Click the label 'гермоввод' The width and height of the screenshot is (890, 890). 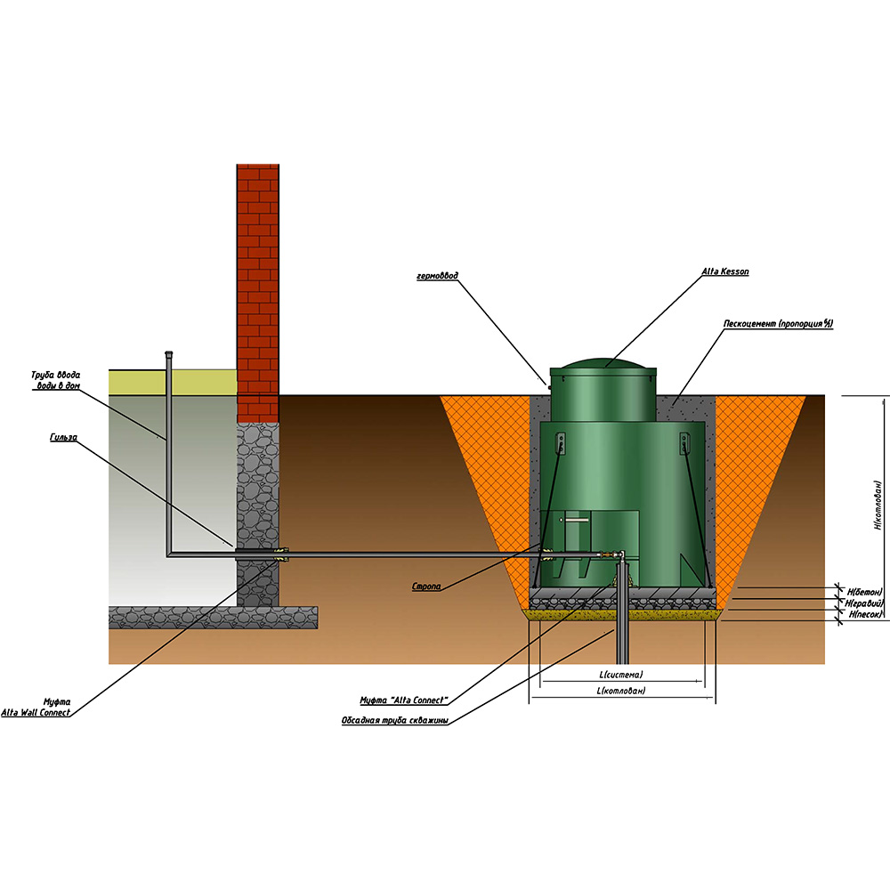[x=437, y=276]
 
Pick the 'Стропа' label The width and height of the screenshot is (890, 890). [x=426, y=587]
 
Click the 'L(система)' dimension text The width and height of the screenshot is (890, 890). [x=620, y=675]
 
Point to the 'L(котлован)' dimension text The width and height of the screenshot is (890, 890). [x=621, y=692]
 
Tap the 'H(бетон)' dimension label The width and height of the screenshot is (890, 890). [x=864, y=591]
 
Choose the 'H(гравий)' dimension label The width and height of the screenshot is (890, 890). [x=865, y=603]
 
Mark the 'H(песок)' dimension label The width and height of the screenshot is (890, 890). [x=864, y=614]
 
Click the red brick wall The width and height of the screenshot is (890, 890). [x=258, y=285]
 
